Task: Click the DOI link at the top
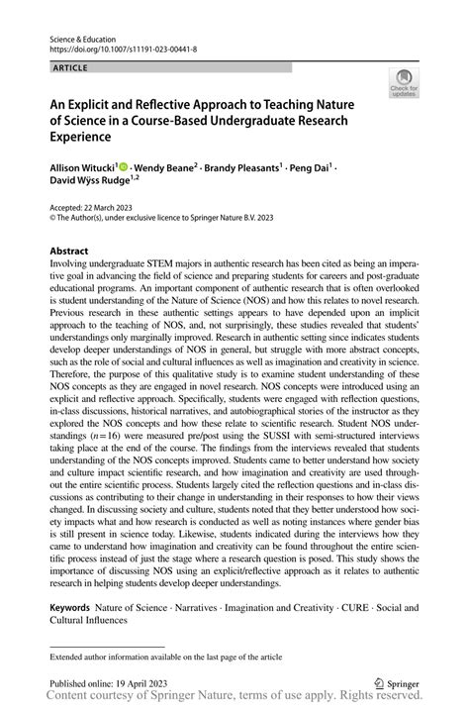pos(115,47)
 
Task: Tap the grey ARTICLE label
pos(67,67)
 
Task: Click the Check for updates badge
pos(406,85)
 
